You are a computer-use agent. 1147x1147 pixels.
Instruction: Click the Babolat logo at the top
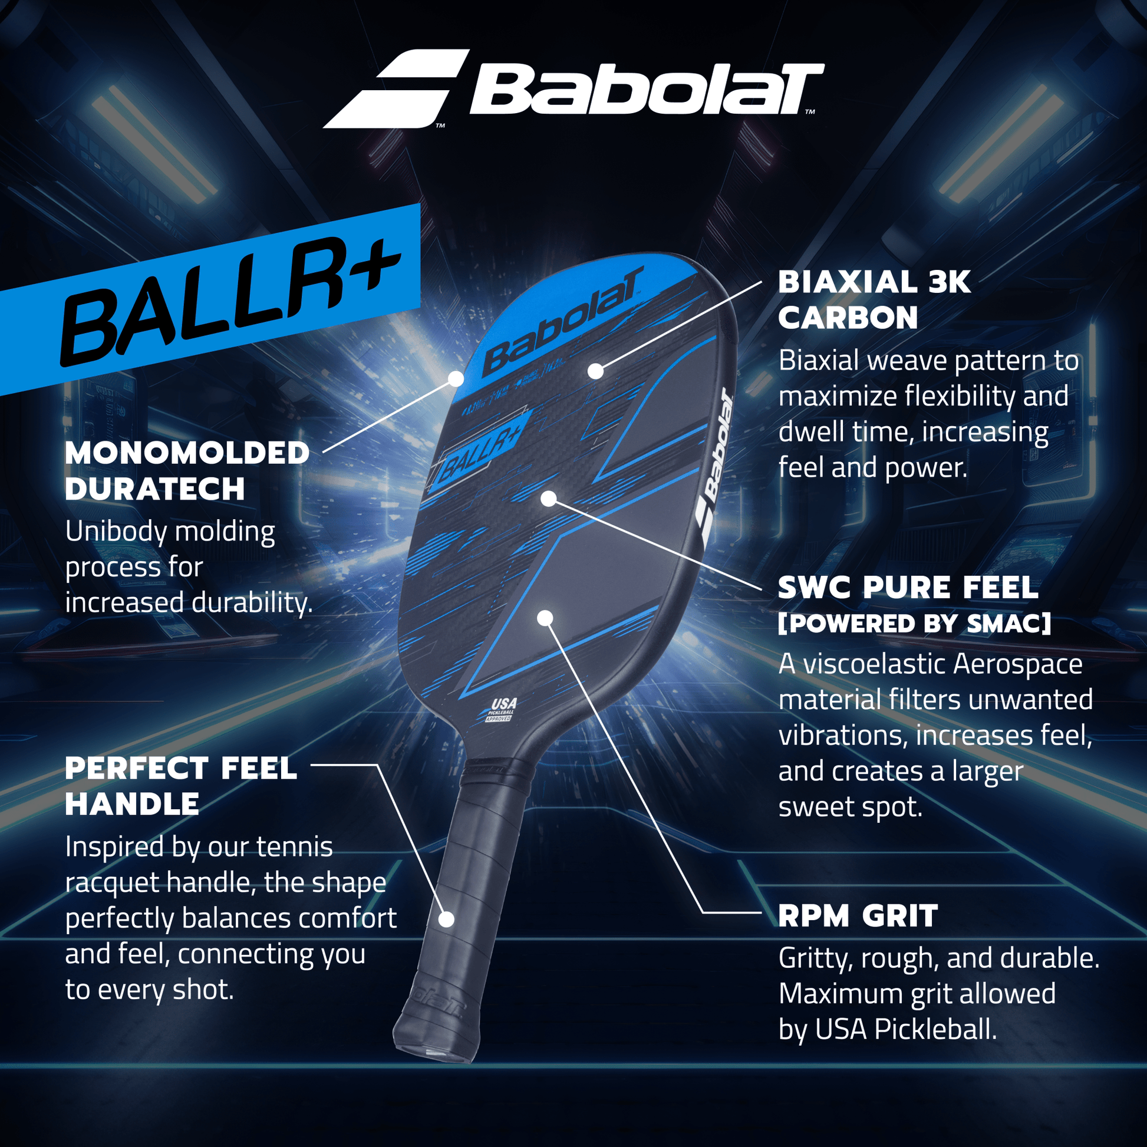point(573,89)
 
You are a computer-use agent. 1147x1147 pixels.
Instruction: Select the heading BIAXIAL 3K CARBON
point(874,300)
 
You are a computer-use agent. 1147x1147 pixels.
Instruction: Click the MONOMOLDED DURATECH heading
point(187,471)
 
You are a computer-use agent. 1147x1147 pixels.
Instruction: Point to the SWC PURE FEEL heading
point(908,588)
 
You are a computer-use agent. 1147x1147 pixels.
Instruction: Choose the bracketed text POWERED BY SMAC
point(914,624)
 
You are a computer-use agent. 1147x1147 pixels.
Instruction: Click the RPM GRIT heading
point(858,916)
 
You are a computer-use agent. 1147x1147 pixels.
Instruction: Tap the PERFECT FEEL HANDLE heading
point(181,786)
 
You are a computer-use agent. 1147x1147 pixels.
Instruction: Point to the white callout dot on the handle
point(446,919)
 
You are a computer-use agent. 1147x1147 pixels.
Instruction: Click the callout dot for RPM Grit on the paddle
point(545,618)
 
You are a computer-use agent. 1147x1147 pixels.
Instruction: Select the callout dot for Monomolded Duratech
point(456,378)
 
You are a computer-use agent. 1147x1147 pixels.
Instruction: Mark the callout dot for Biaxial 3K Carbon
point(595,371)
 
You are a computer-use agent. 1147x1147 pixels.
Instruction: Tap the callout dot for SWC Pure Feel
point(549,498)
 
